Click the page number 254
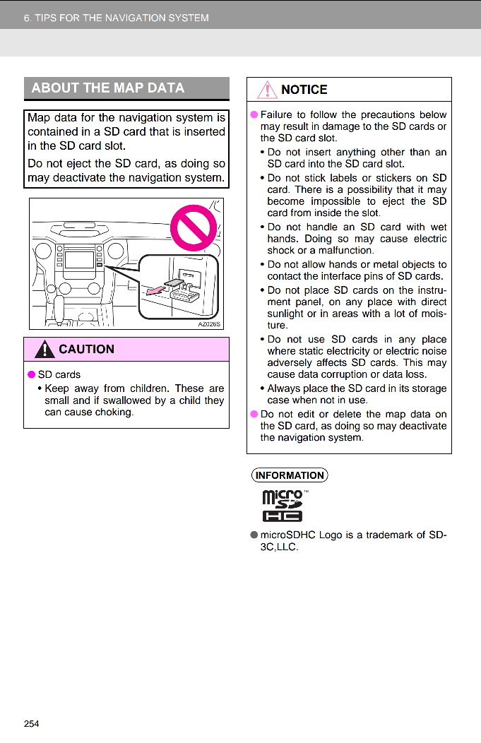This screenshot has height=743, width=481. pyautogui.click(x=31, y=724)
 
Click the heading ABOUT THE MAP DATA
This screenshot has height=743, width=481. pyautogui.click(x=108, y=88)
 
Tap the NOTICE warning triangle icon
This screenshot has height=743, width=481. pyautogui.click(x=267, y=90)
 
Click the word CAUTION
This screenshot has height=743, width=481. pyautogui.click(x=86, y=349)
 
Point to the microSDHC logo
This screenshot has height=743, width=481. pyautogui.click(x=283, y=506)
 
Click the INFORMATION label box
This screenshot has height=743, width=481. pyautogui.click(x=290, y=475)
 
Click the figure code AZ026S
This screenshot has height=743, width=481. pyautogui.click(x=209, y=324)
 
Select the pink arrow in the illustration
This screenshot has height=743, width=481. pyautogui.click(x=155, y=289)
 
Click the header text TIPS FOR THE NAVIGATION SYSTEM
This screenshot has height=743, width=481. pyautogui.click(x=117, y=18)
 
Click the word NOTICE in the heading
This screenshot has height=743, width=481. pyautogui.click(x=304, y=90)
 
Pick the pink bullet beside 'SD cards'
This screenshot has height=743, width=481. pyautogui.click(x=31, y=374)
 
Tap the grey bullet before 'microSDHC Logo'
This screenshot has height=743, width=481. pyautogui.click(x=254, y=535)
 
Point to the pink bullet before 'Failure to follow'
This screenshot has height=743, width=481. pyautogui.click(x=254, y=114)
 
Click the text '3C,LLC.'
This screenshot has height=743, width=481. pyautogui.click(x=279, y=547)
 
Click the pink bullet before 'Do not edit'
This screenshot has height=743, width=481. pyautogui.click(x=254, y=414)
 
